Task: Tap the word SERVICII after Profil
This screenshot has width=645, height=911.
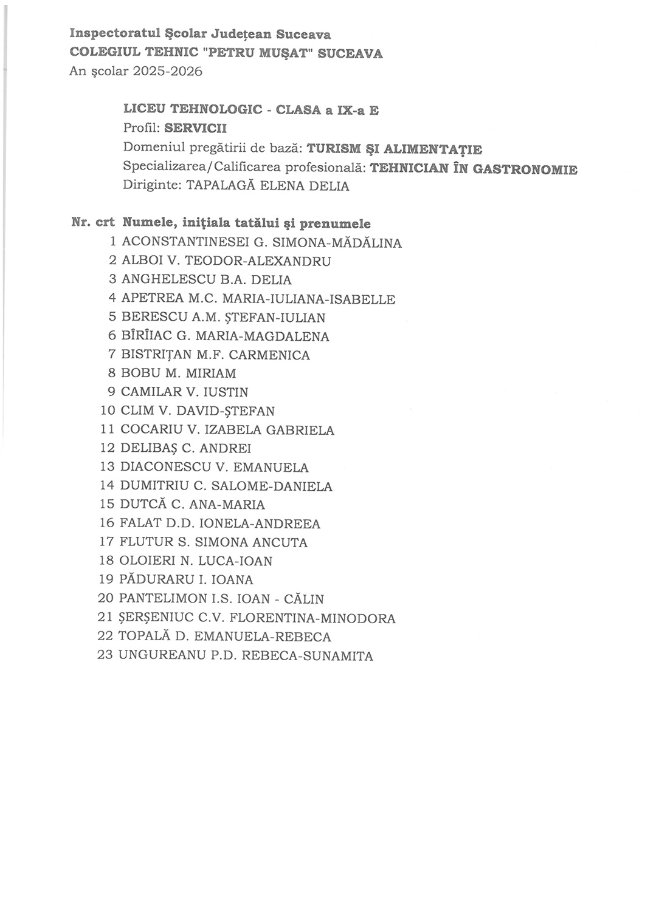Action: [200, 129]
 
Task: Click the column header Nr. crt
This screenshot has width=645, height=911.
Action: [93, 223]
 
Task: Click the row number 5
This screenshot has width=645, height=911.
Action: [112, 318]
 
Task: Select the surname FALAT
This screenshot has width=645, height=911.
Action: [140, 524]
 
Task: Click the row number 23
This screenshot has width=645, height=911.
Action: [106, 656]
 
